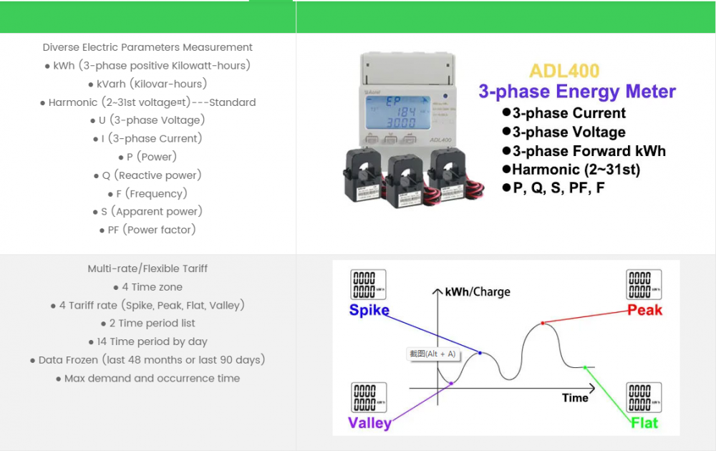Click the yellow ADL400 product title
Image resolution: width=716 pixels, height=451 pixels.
tap(564, 71)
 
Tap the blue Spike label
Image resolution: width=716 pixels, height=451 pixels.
tap(369, 310)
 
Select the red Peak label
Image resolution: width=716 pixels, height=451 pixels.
tap(644, 310)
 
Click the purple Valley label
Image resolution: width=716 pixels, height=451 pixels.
tap(369, 422)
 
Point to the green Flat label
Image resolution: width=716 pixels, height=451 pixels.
tap(644, 422)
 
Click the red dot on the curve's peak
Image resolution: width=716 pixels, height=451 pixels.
tap(543, 324)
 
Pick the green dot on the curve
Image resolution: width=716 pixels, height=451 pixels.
tap(585, 367)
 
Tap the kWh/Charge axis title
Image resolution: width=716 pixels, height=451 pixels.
tap(478, 292)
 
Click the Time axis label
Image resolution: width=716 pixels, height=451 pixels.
tap(575, 397)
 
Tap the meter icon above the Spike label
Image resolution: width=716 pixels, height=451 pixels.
tap(368, 284)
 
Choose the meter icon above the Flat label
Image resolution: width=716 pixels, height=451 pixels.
tap(644, 397)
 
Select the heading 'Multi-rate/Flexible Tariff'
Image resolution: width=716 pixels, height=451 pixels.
tap(147, 268)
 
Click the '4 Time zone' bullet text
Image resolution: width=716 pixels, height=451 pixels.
tap(147, 287)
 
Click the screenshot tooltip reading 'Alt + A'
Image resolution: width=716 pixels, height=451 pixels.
tap(432, 354)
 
